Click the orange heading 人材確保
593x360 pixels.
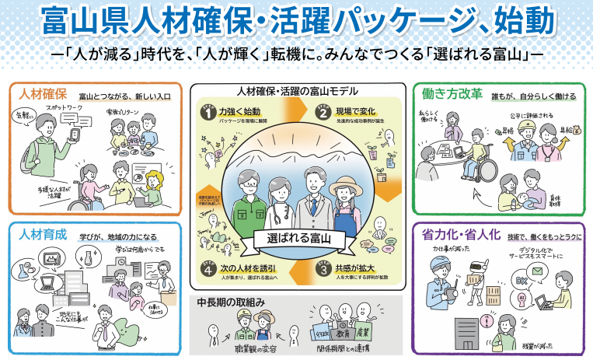(x=41, y=95)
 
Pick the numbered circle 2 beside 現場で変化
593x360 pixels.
(x=320, y=112)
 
